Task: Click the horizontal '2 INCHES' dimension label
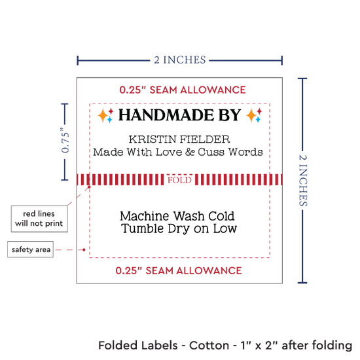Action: coord(180,60)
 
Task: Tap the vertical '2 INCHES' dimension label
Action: coord(303,181)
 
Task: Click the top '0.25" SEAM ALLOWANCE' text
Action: coord(183,90)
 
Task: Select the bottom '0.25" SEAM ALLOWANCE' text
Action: coord(179,271)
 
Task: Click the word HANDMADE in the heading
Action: coord(166,115)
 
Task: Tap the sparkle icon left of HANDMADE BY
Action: coord(105,115)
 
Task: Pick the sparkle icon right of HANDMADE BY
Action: coord(254,115)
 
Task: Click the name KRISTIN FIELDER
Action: coord(179,139)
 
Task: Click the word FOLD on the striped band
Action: coord(179,180)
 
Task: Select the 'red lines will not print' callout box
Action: coord(39,219)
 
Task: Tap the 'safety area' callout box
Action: coord(31,249)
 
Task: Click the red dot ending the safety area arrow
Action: coord(84,250)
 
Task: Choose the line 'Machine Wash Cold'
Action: coord(177,216)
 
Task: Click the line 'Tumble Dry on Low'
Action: coord(179,228)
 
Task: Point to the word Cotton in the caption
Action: coord(209,346)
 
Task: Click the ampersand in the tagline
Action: coord(190,152)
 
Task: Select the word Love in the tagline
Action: coord(169,152)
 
